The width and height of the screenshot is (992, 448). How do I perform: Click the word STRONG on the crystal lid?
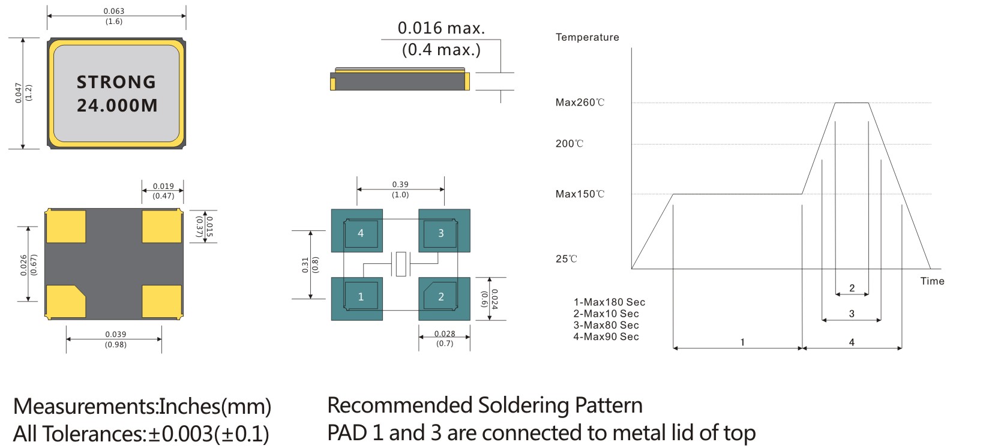click(116, 82)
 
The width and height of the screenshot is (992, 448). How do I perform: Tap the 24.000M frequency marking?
click(117, 106)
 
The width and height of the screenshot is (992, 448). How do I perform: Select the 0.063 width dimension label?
click(114, 11)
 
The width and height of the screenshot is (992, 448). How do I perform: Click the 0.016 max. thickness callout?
click(441, 28)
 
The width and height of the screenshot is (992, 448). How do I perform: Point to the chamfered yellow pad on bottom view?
click(65, 301)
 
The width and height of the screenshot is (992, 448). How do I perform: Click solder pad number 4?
click(357, 231)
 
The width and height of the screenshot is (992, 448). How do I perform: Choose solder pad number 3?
click(444, 231)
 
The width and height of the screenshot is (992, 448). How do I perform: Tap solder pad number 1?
click(357, 299)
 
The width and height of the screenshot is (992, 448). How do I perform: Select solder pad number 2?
click(444, 299)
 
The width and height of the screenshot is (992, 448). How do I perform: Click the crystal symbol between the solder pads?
click(401, 264)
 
